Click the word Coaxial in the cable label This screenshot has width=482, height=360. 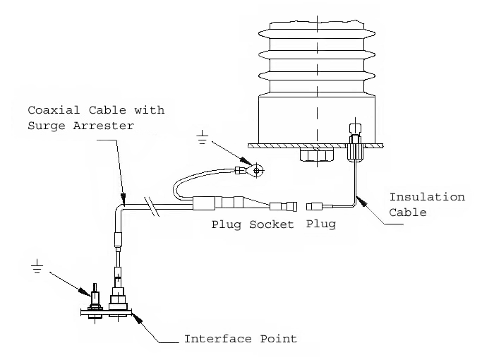coord(50,111)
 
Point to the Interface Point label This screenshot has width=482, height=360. coord(240,339)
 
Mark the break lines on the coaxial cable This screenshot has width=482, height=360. coord(150,206)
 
